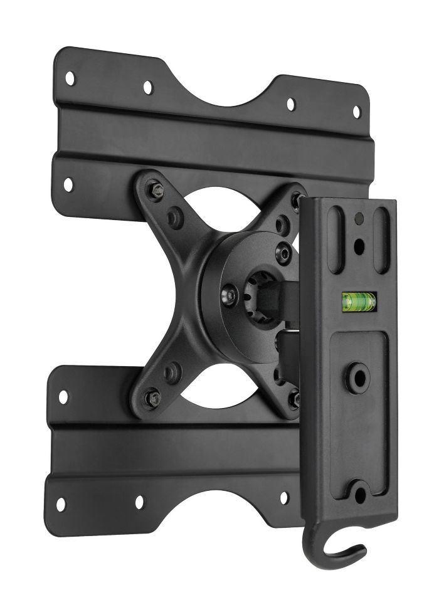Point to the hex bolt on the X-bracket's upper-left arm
coord(154,187)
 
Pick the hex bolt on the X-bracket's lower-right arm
coord(292,397)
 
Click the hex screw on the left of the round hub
coord(231,292)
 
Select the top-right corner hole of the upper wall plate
coord(356,112)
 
